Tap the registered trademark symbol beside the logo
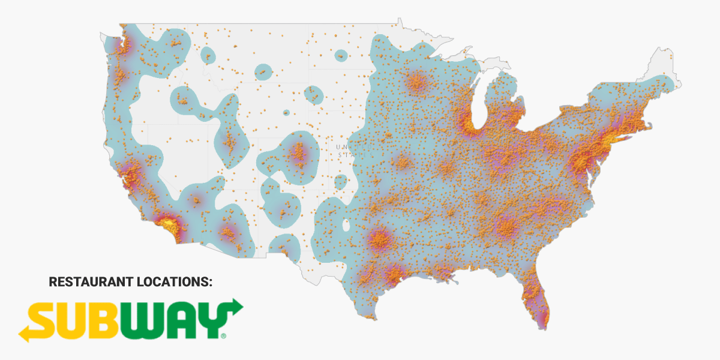(224, 337)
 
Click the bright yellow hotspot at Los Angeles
(169, 224)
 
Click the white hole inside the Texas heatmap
(346, 226)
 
